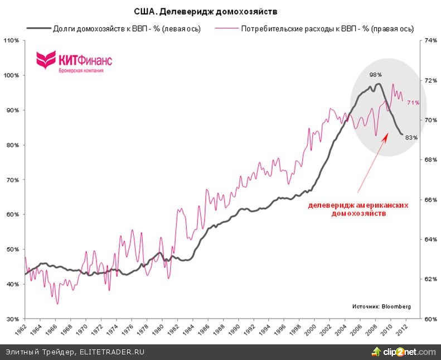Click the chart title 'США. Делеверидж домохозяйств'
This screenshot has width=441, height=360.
point(206,11)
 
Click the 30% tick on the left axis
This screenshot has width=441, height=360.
point(12,319)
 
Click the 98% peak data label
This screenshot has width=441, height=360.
point(375,74)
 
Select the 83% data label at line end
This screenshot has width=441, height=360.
point(411,137)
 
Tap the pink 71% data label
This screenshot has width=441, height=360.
point(413,103)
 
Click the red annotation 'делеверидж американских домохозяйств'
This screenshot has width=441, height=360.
point(358,209)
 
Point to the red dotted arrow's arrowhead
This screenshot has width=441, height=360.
point(384,136)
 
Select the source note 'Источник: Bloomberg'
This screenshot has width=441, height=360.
point(381,306)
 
